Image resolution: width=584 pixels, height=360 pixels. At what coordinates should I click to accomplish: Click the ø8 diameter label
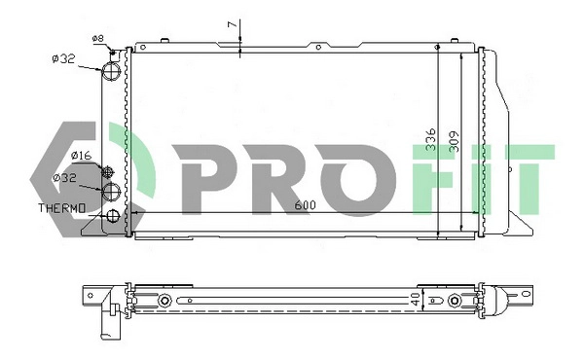coord(97,39)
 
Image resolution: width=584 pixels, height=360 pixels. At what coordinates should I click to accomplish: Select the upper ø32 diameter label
coord(63,58)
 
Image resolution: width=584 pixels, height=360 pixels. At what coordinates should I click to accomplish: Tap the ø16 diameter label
coord(81,156)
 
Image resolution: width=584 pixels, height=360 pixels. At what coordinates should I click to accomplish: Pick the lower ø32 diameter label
coord(65,178)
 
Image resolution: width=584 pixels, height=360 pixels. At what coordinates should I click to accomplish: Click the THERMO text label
coord(63,208)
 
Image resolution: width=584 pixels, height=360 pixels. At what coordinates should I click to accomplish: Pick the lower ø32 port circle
coord(114,191)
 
